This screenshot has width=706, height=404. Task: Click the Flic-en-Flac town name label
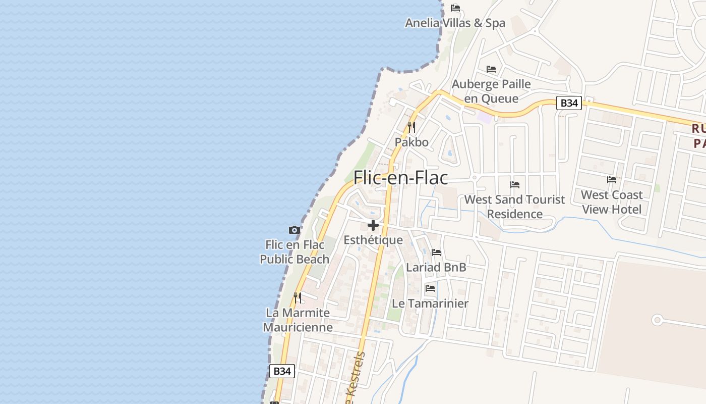point(400,178)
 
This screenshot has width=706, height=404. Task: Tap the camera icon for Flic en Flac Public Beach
point(295,230)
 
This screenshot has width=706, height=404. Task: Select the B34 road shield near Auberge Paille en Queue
point(569,103)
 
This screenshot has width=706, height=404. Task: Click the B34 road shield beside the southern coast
point(281,371)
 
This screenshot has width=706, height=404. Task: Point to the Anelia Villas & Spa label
point(455,23)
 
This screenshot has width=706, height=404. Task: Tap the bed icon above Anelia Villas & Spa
point(455,8)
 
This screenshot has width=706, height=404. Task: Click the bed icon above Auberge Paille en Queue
point(491,69)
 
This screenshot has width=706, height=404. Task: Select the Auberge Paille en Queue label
point(491,91)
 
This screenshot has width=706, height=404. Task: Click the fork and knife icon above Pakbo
point(411,127)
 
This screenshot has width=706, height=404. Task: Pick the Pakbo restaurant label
point(411,142)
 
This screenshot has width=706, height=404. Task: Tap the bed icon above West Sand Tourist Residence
point(514,185)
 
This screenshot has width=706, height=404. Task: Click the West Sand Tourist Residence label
point(514,207)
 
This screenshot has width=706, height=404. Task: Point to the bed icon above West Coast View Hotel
point(612,180)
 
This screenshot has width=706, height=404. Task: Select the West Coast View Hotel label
point(612,202)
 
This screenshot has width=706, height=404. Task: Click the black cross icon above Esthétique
point(373,225)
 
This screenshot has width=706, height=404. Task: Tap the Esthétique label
point(373,240)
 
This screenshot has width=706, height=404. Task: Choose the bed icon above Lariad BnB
point(436,252)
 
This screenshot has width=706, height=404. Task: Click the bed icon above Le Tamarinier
point(430,288)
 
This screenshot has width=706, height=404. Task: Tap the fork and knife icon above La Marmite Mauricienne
point(298,297)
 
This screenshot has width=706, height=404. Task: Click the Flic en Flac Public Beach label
point(295,252)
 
